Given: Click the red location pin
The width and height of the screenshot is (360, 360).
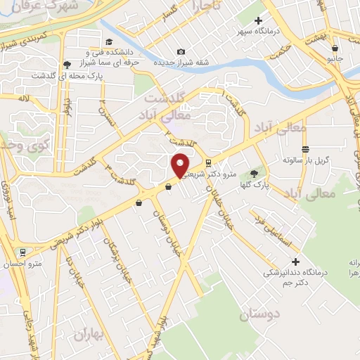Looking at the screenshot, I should tap(180, 165).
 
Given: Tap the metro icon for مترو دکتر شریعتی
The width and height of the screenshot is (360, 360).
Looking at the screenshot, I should tap(208, 164).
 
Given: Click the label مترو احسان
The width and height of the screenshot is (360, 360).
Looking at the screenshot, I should tap(29, 264).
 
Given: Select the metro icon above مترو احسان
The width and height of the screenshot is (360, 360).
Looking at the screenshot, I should tap(24, 251).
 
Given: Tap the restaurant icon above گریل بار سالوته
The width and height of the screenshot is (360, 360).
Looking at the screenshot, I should tap(305, 149).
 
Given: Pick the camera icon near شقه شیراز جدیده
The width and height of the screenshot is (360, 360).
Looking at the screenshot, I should tap(181, 51).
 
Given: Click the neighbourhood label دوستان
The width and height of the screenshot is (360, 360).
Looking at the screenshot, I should tap(259, 314).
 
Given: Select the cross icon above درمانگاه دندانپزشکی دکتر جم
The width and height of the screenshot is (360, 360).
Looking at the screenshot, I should tap(295, 262).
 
